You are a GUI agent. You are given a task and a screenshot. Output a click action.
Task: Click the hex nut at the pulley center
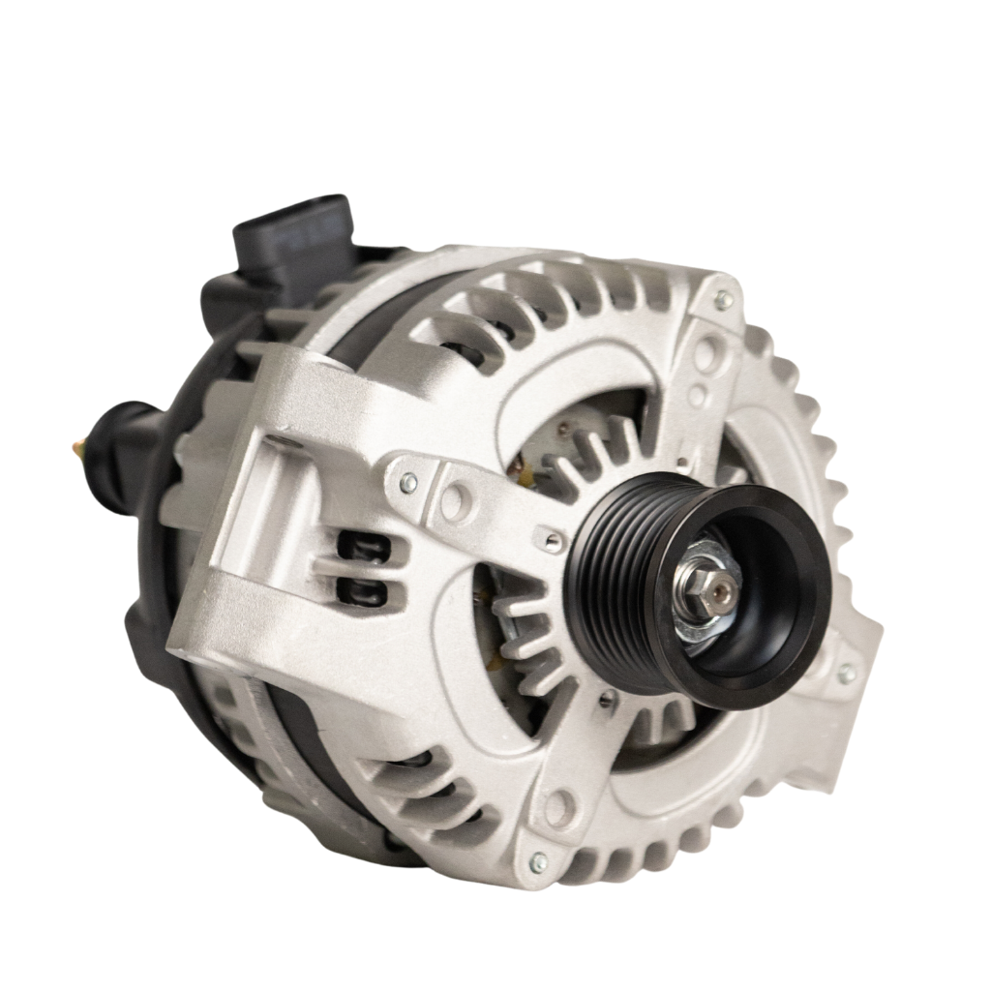pyautogui.click(x=698, y=585)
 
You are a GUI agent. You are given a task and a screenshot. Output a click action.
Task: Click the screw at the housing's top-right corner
pyautogui.click(x=722, y=298)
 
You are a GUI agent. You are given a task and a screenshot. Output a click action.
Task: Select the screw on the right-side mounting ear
pyautogui.click(x=847, y=673)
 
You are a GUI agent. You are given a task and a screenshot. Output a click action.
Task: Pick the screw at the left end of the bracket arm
pyautogui.click(x=407, y=481)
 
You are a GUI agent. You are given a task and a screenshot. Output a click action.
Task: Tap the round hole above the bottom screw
pyautogui.click(x=558, y=803)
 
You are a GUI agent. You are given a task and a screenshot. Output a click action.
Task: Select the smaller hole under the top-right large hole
pyautogui.click(x=698, y=395)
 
